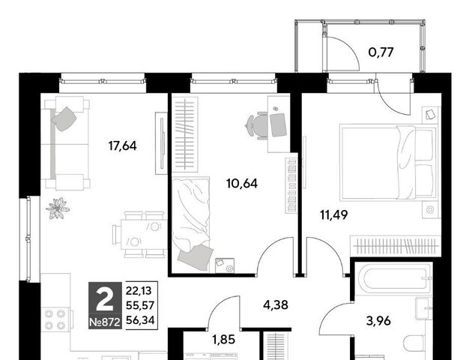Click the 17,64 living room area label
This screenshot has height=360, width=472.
point(123,146)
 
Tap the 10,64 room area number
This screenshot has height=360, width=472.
point(242,184)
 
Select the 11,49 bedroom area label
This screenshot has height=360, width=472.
point(334,215)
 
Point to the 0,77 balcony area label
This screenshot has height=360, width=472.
point(381,52)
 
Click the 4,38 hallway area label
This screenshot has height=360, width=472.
point(276,304)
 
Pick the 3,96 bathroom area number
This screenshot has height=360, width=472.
point(378,321)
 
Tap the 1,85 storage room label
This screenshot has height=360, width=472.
point(223,340)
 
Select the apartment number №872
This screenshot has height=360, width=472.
point(105,322)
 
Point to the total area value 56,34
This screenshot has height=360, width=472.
point(140,320)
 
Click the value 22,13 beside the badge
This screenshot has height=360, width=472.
point(139,291)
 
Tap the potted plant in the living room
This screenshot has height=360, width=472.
point(58,208)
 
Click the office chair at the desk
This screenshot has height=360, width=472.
point(257,125)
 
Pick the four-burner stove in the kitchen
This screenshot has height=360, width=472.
point(55,319)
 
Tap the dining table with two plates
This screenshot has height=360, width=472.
point(144,235)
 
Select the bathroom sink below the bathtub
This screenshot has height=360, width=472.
point(424,308)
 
